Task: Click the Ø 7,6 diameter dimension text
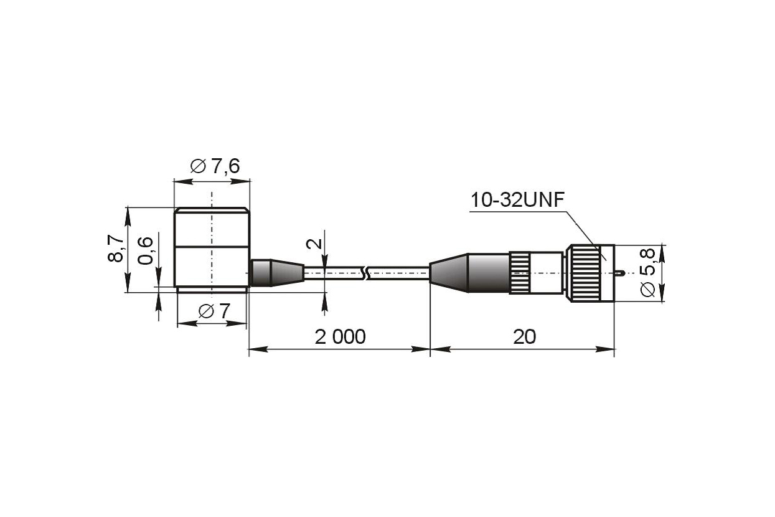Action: (215, 166)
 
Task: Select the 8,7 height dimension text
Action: (116, 248)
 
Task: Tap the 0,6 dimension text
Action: (145, 250)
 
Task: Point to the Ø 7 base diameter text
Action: (214, 311)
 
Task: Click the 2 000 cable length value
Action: (340, 336)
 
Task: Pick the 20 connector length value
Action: (524, 336)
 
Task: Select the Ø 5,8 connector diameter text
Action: (647, 272)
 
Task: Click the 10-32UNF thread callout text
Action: (517, 200)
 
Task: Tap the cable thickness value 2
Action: (314, 244)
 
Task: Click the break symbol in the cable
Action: (365, 273)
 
